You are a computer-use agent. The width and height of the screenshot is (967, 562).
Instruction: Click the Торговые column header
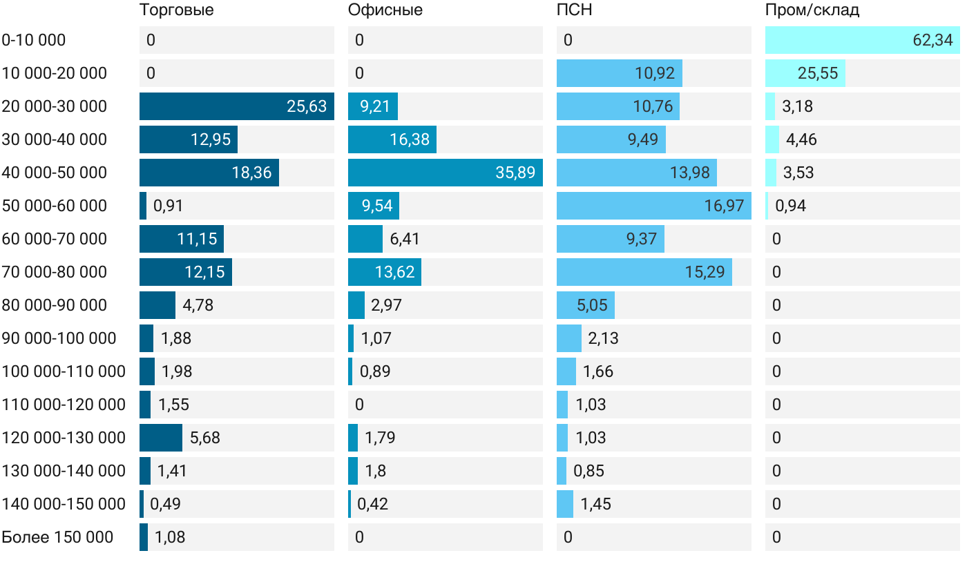tap(176, 10)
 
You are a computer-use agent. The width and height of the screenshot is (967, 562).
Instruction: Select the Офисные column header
tap(385, 10)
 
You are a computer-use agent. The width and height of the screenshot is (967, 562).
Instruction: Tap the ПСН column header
tap(574, 10)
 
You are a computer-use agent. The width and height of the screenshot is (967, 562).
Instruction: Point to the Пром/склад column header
tap(812, 10)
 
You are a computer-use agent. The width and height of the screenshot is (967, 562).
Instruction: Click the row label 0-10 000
tap(34, 40)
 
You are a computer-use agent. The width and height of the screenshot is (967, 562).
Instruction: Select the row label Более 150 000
tap(57, 537)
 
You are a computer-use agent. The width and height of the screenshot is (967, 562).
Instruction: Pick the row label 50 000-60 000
tap(55, 206)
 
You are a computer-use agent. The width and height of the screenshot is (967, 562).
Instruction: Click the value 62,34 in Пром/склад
tap(932, 40)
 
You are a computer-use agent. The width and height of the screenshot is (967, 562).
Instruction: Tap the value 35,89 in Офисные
tap(515, 173)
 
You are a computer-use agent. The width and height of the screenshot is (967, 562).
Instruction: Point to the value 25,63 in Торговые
tap(307, 106)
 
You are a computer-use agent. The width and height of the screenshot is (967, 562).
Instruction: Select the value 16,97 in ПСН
tap(724, 206)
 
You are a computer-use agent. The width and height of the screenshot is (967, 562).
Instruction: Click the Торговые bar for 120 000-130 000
tap(160, 438)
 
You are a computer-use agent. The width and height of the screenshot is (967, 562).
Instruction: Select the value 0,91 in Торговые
tap(168, 206)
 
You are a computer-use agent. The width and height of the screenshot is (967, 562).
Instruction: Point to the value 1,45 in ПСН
tap(595, 504)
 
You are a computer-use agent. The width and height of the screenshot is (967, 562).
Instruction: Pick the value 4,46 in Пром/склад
tap(801, 139)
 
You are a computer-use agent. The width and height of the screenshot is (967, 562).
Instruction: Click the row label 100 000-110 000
tap(64, 371)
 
